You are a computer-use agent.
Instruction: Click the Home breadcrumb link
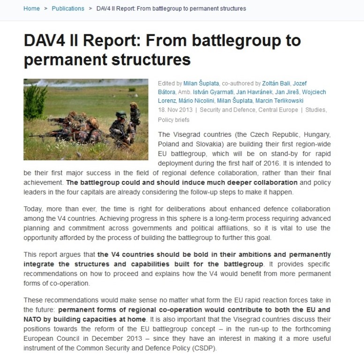tap(31, 8)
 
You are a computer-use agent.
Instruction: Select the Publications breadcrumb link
tap(68, 8)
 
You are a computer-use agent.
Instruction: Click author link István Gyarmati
tap(211, 92)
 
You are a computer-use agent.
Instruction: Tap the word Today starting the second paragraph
tap(32, 209)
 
